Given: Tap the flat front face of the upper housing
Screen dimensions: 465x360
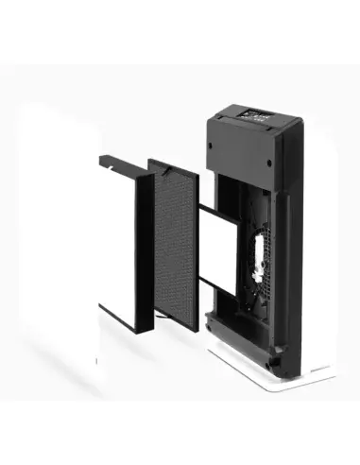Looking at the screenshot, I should click(x=248, y=156).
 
